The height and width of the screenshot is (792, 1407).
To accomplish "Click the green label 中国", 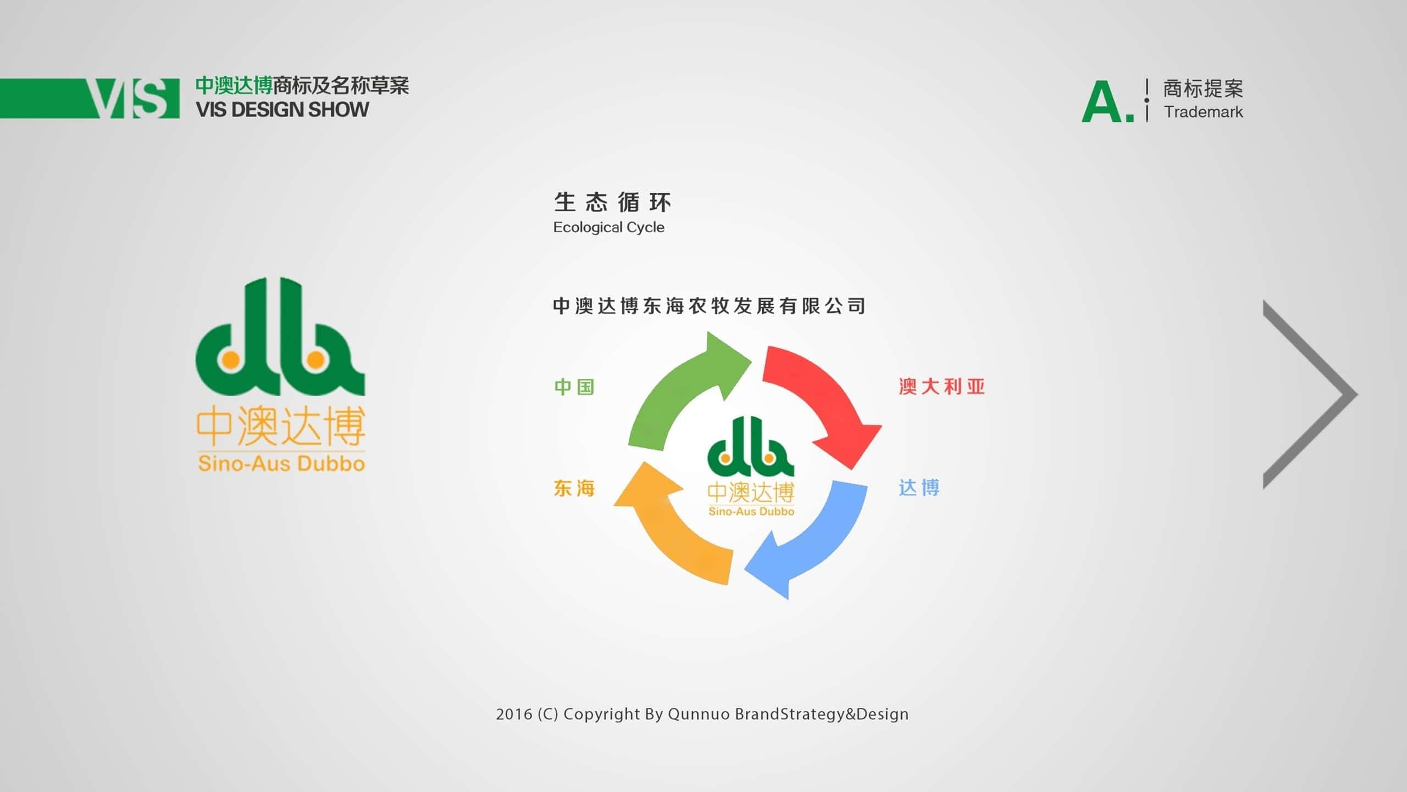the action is point(574,387).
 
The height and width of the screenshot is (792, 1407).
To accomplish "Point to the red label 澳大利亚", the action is point(941,387).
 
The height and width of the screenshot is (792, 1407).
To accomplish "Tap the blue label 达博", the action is point(919,488).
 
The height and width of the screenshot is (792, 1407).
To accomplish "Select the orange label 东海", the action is point(574,488).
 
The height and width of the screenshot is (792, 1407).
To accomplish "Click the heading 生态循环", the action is point(612,202).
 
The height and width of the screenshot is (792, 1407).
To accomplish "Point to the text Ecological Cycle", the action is point(609,227).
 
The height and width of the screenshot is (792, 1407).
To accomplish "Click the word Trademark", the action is point(1203,112).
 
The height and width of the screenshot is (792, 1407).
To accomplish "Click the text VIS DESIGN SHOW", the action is point(282,109).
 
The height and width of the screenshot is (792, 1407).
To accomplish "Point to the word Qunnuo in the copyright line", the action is point(699,714).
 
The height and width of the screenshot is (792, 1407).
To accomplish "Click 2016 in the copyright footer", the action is point(514,714).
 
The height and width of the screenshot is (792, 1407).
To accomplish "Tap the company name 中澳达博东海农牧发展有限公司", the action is point(710,306).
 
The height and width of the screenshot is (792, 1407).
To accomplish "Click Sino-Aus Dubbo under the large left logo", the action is point(281,464).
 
